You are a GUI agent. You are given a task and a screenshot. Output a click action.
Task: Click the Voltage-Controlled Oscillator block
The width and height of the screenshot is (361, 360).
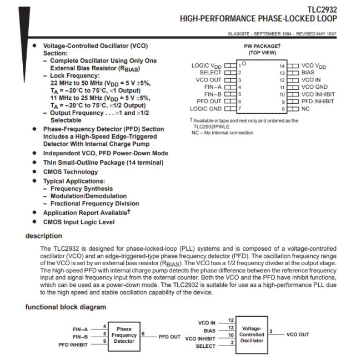(x=252, y=334)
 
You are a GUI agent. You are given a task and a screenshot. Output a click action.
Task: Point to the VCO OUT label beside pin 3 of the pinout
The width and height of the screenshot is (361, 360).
(x=209, y=80)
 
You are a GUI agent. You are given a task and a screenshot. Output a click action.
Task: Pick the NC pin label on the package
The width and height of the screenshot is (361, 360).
(x=305, y=109)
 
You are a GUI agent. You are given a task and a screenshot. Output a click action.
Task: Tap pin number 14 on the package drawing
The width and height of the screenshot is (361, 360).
(x=282, y=66)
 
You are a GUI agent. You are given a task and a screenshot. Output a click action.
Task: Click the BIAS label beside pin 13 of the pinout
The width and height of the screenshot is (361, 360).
(x=307, y=73)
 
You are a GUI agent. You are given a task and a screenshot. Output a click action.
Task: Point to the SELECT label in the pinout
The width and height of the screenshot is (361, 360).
(x=210, y=73)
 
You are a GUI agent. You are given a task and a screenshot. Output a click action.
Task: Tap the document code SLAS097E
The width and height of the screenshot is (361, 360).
(x=242, y=34)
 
